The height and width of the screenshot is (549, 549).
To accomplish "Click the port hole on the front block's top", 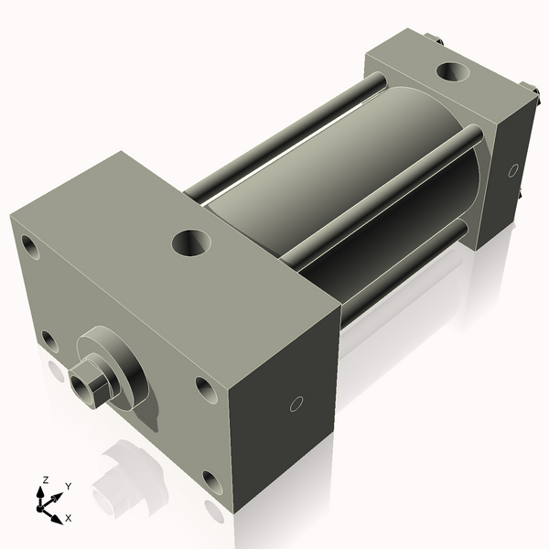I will pyautogui.click(x=191, y=242).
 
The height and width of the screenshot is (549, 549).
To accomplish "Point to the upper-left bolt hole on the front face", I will pyautogui.click(x=31, y=247).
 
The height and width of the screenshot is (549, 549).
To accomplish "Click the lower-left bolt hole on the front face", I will pyautogui.click(x=49, y=342).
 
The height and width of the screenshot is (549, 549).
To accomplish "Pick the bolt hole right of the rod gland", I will pyautogui.click(x=203, y=389).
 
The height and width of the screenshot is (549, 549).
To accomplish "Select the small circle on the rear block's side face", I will pyautogui.click(x=513, y=170).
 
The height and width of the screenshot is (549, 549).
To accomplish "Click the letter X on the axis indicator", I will pyautogui.click(x=68, y=518).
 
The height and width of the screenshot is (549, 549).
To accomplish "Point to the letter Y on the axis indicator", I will pyautogui.click(x=69, y=487).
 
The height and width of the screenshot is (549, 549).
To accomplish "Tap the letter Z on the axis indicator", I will pyautogui.click(x=46, y=479).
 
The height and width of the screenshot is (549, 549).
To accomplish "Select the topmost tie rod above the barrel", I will pyautogui.click(x=284, y=138).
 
